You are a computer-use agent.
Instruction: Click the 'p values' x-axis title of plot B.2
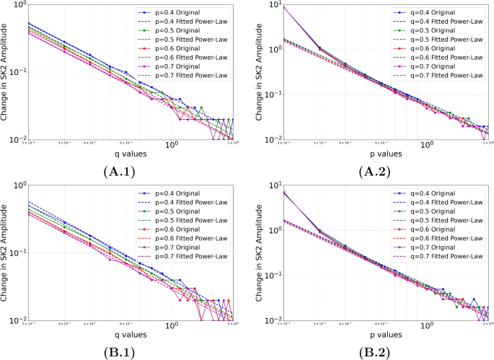coord(385,335)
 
